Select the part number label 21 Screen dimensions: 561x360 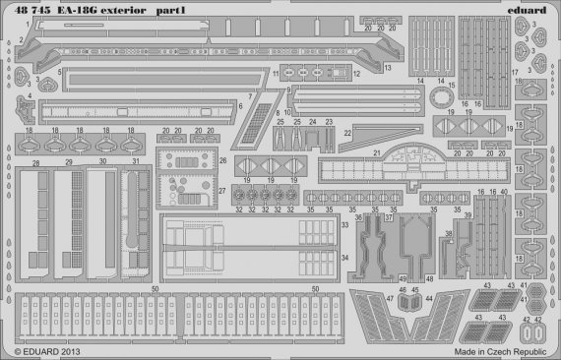tap(377, 152)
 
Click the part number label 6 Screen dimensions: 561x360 tap(241, 105)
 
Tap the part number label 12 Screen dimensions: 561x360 tap(357, 74)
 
